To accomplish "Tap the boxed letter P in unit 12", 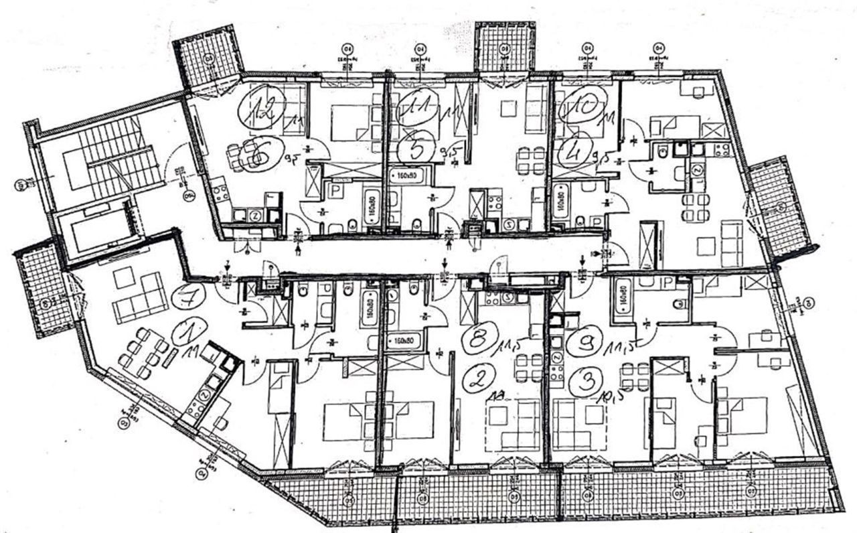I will coord(333,191).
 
